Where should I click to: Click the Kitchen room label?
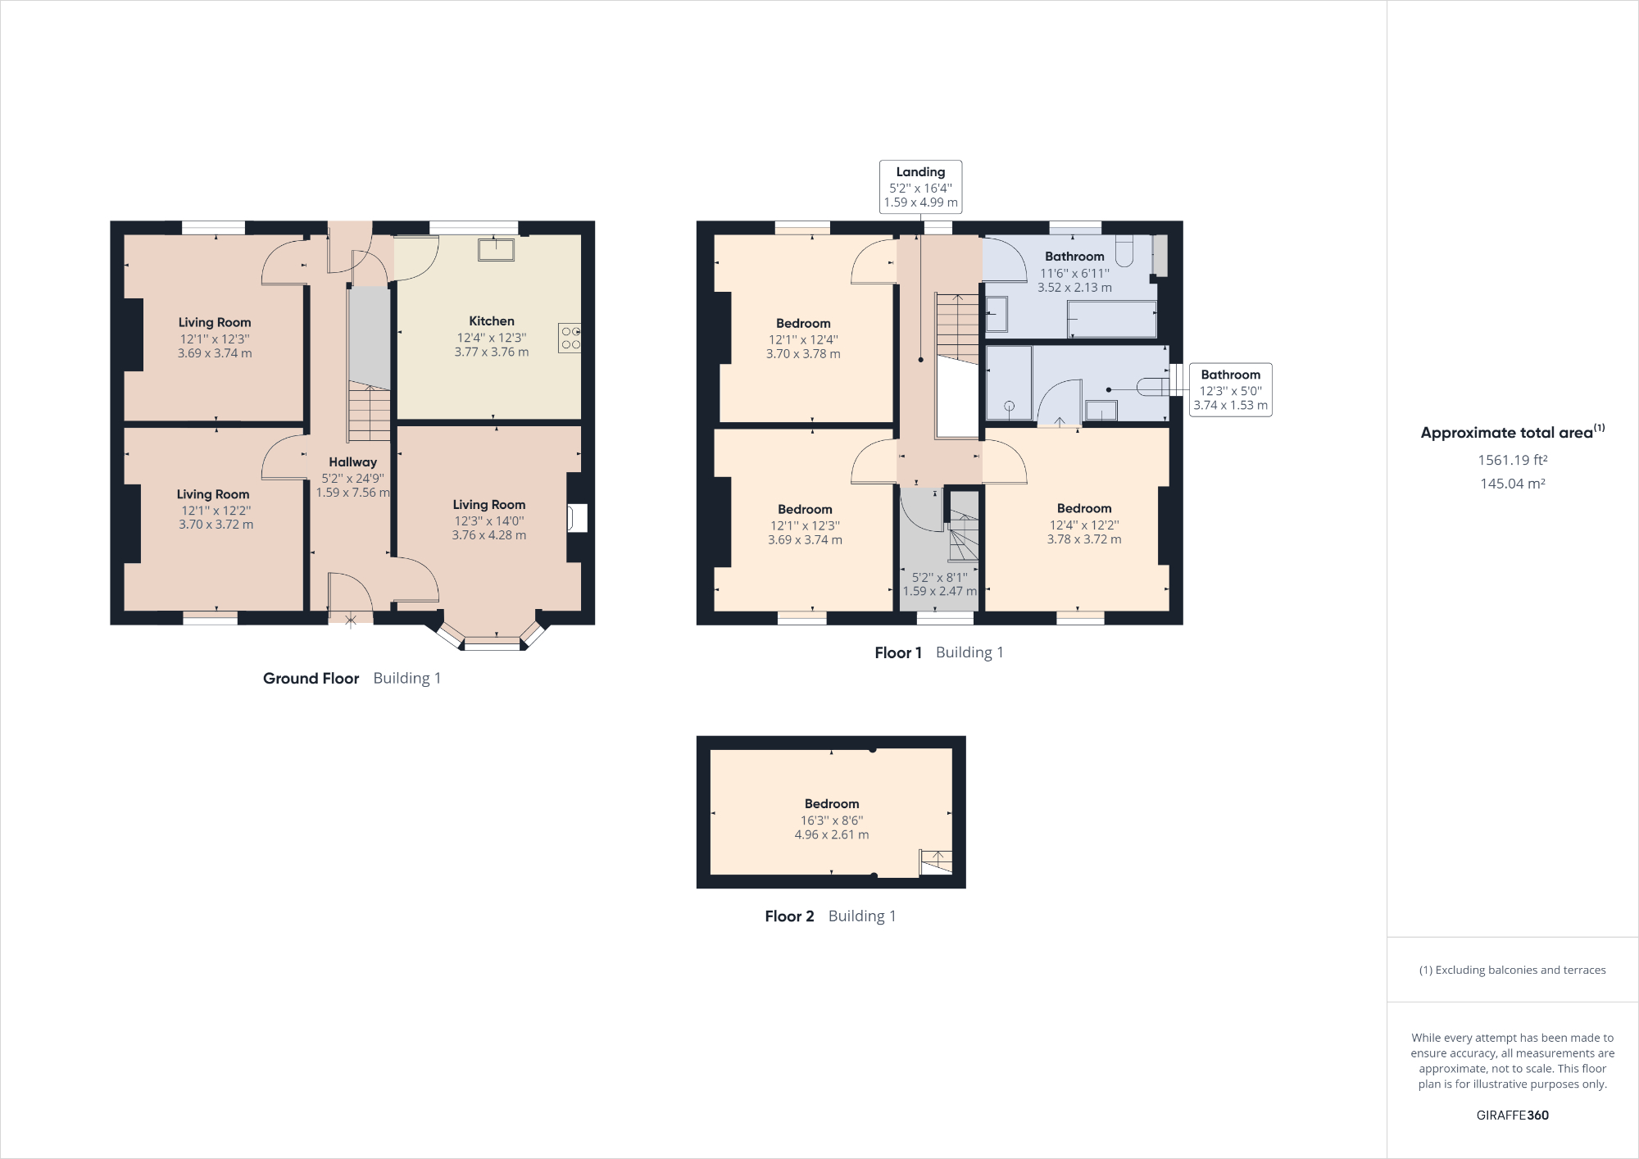coord(492,321)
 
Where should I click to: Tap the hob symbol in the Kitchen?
coord(570,338)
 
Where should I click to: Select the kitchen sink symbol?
coord(496,249)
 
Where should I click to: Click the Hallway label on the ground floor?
coord(353,462)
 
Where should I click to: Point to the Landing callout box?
coord(920,187)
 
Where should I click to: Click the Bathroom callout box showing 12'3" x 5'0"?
coord(1230,390)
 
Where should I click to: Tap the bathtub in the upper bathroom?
coord(1111,319)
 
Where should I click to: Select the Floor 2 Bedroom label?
coord(832,804)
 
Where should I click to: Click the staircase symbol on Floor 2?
coord(936,861)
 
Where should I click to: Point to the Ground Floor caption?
coord(311,679)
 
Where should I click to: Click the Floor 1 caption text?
coord(898,653)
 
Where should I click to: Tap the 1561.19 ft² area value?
coord(1512,461)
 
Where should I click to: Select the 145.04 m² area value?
coord(1512,484)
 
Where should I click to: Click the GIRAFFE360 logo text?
coord(1512,1115)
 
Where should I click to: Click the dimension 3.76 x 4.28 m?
coord(489,535)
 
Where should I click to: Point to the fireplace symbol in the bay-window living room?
coord(577,518)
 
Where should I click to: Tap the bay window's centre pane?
coord(492,645)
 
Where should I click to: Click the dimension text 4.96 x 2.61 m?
coord(832,834)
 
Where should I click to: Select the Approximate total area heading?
coord(1512,433)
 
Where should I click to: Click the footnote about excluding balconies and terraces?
coord(1512,970)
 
